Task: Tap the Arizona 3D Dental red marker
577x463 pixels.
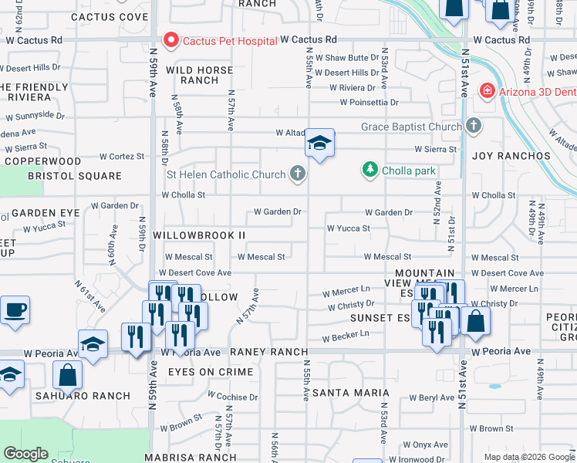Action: pyautogui.click(x=487, y=91)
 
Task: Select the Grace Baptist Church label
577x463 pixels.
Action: pyautogui.click(x=411, y=127)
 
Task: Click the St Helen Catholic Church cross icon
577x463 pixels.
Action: pyautogui.click(x=297, y=174)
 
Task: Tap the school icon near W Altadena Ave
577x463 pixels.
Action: pyautogui.click(x=319, y=143)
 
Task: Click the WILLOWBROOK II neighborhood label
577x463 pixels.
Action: pyautogui.click(x=199, y=235)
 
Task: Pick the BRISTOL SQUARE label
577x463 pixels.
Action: pyautogui.click(x=63, y=176)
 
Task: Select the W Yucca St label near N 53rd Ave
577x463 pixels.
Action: pyautogui.click(x=349, y=228)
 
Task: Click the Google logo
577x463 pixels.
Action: pyautogui.click(x=25, y=454)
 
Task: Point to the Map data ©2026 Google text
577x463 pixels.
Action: pyautogui.click(x=528, y=457)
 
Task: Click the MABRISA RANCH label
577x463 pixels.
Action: pyautogui.click(x=205, y=457)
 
